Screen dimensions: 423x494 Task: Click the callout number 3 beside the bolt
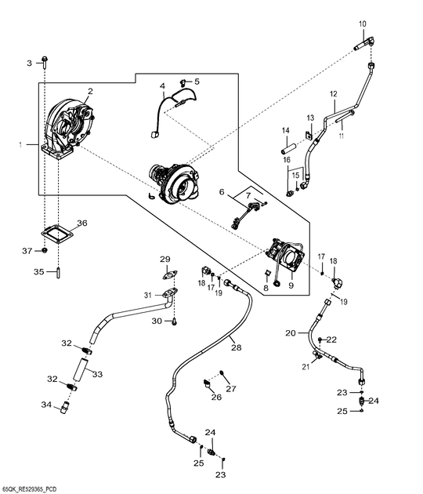(29, 63)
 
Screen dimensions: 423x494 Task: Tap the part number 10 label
(362, 24)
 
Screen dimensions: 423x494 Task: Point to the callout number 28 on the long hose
(237, 347)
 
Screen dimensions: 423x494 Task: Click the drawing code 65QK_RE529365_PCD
(29, 489)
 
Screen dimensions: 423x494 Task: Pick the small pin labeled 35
(58, 273)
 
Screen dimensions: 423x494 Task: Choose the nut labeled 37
(45, 250)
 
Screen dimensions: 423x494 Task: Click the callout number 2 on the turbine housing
(90, 92)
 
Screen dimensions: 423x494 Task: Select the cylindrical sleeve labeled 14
(289, 148)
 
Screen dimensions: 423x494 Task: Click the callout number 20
(291, 332)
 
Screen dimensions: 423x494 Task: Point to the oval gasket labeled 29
(170, 274)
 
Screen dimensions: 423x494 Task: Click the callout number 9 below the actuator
(291, 285)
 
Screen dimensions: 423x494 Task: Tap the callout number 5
(197, 82)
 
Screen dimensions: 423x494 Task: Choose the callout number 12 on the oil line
(333, 94)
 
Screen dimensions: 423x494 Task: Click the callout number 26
(216, 397)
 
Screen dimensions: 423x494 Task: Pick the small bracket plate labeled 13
(309, 135)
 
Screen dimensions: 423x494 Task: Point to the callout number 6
(222, 191)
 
